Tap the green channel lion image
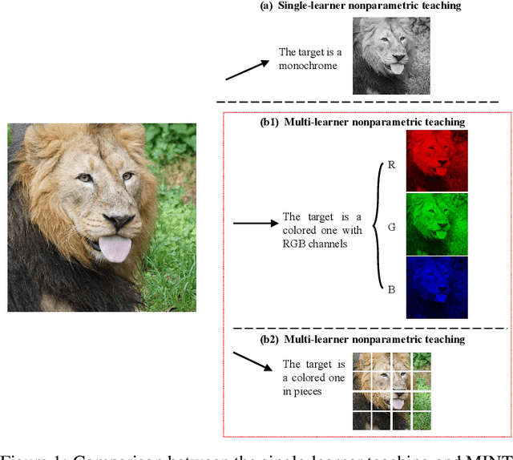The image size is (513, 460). coord(437,224)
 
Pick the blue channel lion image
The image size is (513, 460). coord(437,287)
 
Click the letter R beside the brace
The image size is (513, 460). coord(391,165)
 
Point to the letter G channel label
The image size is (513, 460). coord(391,228)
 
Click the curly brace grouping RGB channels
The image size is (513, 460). coord(373,227)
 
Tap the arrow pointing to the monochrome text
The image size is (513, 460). coord(247,69)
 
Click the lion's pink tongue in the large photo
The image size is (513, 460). coord(115,249)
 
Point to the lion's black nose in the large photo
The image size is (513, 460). coord(119,221)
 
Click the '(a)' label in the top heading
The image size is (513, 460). coord(267,6)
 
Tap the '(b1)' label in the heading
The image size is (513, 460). coord(269,122)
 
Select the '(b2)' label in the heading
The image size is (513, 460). coord(269,339)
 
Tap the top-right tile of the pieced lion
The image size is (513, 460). coord(421,361)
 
